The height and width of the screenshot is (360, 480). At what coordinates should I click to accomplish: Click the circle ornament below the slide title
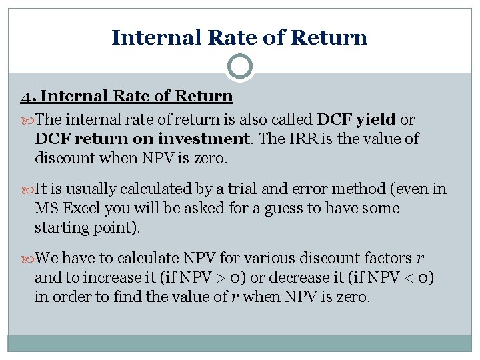(x=240, y=67)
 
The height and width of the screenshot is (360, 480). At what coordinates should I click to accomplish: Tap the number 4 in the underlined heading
(x=24, y=97)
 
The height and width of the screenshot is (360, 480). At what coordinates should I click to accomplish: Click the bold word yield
(x=376, y=120)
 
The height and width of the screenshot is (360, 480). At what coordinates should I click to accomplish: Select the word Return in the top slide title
(x=333, y=37)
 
